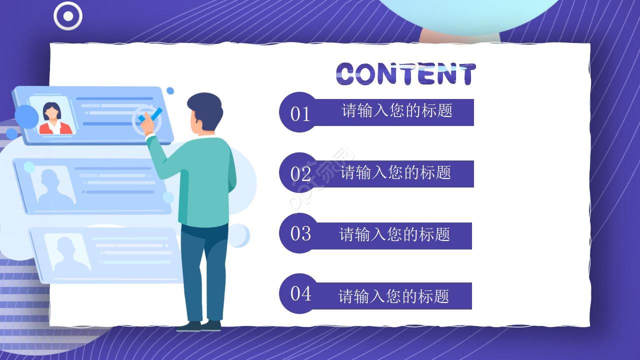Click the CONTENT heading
[x=405, y=74]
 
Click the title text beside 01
[x=397, y=110]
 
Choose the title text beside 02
[x=395, y=172]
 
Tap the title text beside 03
[x=394, y=234]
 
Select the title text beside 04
[x=393, y=296]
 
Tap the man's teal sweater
[x=207, y=180]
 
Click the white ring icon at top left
[x=68, y=16]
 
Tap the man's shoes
[x=199, y=326]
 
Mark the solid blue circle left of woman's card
[x=26, y=116]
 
